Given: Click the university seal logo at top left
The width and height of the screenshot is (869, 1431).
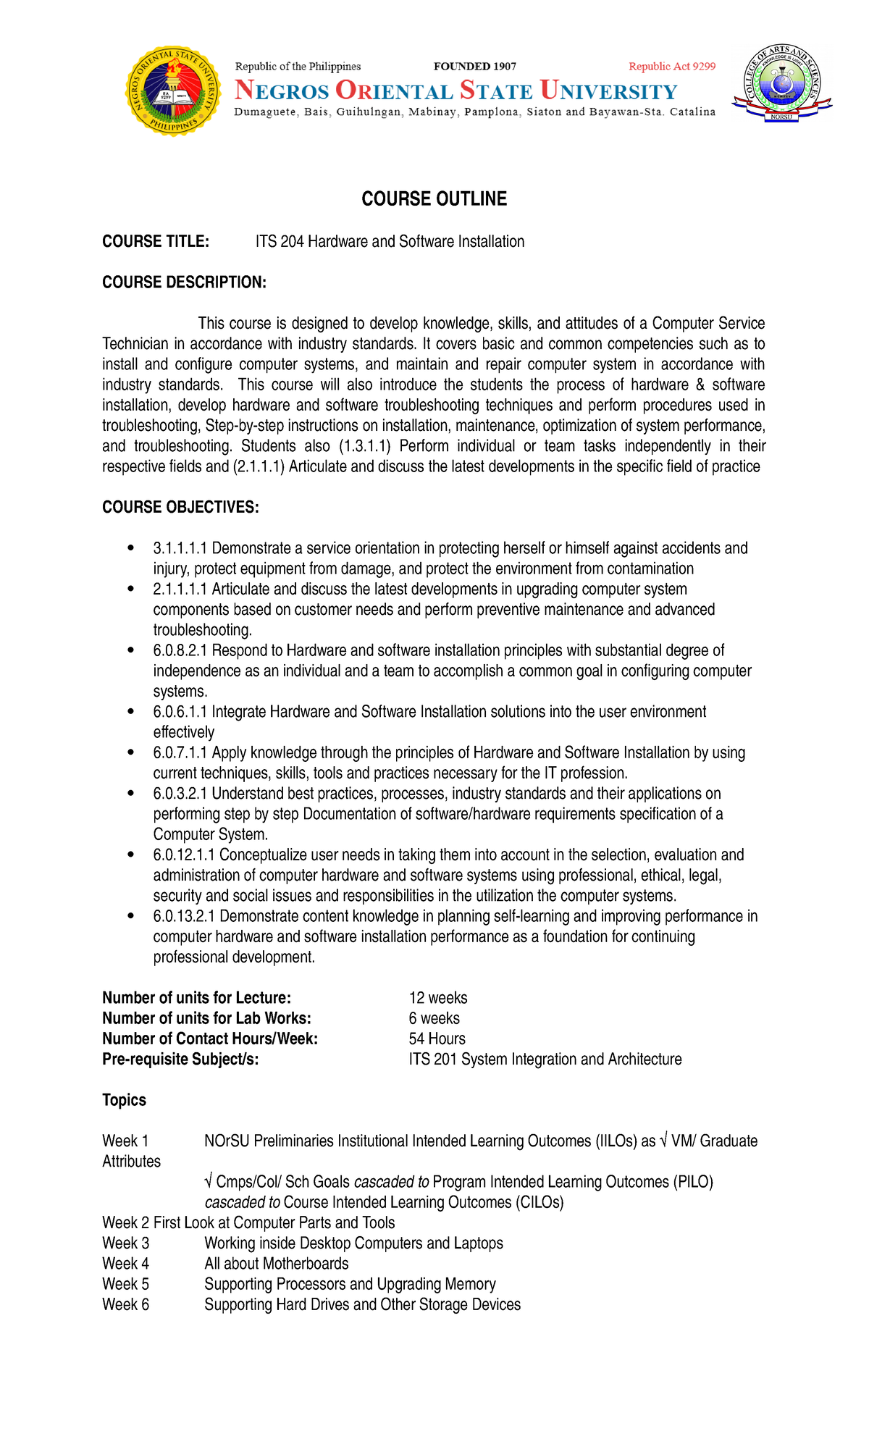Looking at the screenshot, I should coord(173,91).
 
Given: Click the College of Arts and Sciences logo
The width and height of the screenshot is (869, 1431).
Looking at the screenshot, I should coord(781,83).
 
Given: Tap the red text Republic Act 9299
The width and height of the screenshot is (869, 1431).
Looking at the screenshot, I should coord(671,67).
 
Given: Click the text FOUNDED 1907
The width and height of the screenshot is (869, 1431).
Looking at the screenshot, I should coord(474,67).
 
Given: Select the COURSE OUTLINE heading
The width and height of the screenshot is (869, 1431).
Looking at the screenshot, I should coord(434,199).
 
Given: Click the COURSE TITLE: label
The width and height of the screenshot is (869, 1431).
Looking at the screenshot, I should coord(156,242).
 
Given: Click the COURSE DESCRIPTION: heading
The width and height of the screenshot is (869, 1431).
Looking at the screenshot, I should coord(184,282).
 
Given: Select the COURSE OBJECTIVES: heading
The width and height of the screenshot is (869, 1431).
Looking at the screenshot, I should coord(180,507).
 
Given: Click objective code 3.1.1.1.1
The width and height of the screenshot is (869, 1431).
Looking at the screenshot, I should coord(180,548).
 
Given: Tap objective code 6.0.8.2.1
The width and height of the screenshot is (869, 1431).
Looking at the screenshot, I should coord(180,650).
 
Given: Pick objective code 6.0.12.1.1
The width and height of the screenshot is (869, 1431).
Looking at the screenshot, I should coord(184,855).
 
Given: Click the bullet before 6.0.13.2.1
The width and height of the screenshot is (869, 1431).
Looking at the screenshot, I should coord(130,916).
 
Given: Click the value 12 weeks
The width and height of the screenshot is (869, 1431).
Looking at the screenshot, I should coord(437,998).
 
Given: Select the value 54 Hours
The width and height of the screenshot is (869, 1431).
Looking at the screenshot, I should coord(437,1038).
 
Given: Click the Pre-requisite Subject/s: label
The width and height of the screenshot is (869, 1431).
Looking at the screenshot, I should coord(180,1059).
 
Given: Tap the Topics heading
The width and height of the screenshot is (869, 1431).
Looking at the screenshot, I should coord(124,1100).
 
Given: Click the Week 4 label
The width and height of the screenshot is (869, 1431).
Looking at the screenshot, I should coord(125,1264).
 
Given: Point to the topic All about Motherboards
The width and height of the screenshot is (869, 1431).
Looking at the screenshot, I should coord(276,1264).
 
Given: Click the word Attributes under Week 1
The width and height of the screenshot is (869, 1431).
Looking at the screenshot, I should coord(131,1162).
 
